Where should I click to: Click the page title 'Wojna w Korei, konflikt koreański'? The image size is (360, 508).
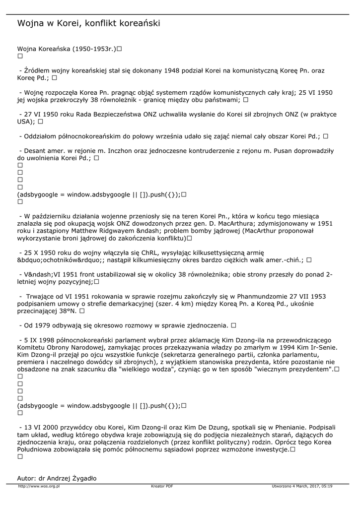(x=88, y=23)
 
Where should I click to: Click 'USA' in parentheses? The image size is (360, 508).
(x=25, y=121)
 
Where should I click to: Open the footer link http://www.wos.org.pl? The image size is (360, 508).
(x=39, y=486)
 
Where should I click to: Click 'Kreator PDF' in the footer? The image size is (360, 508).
(x=162, y=486)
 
